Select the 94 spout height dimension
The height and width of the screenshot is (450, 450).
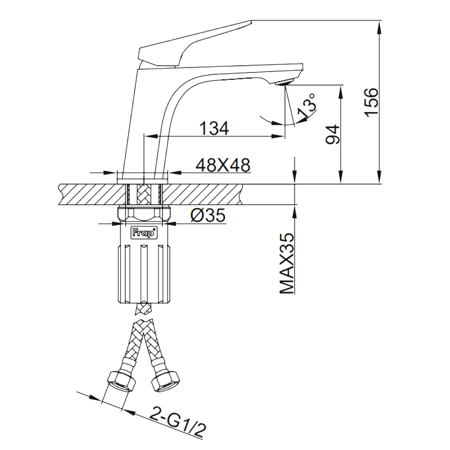[x=332, y=135]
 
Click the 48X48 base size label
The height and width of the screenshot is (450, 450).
[x=223, y=165]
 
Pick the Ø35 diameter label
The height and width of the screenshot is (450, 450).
[x=208, y=215]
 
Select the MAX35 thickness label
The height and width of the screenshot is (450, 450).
[x=287, y=264]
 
